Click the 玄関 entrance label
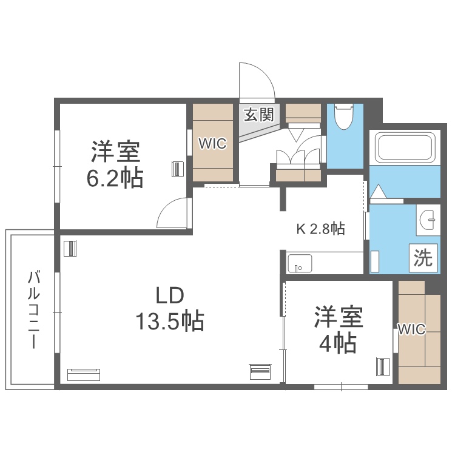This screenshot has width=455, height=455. [259, 115]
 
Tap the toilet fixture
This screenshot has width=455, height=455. [343, 118]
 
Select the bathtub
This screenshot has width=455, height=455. [405, 148]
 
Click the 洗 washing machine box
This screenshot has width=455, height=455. [423, 258]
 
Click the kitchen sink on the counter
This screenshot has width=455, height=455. [299, 265]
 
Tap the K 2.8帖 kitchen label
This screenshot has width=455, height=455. [320, 229]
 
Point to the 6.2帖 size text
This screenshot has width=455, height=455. [116, 178]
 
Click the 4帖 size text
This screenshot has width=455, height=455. [337, 344]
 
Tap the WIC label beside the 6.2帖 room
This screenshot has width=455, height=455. [213, 144]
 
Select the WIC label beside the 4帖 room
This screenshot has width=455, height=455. [412, 329]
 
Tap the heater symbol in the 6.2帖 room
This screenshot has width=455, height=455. [177, 168]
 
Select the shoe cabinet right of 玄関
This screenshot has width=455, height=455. [303, 112]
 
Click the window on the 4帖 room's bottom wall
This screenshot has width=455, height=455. [341, 386]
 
